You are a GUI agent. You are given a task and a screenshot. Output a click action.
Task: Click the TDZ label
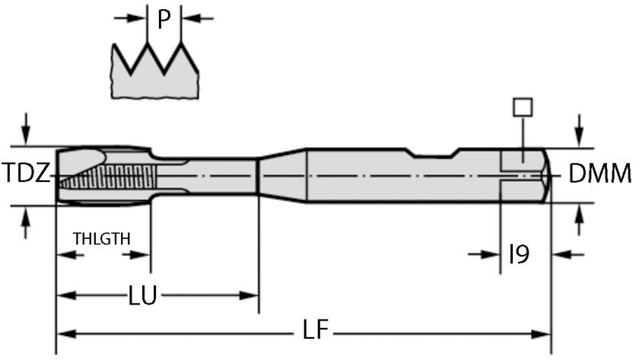pos(26,174)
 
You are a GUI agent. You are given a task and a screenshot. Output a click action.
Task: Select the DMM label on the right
pos(599,175)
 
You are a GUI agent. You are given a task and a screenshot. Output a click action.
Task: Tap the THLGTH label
pos(101,238)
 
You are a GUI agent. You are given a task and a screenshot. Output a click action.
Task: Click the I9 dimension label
pos(519,254)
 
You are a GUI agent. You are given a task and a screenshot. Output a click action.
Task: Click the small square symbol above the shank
pos(522,107)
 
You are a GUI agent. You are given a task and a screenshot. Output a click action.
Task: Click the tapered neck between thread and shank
pos(281,175)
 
